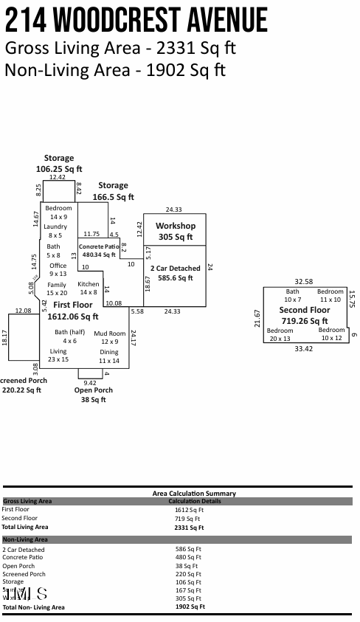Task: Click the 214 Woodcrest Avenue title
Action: click(136, 21)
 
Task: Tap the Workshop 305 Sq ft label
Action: click(175, 232)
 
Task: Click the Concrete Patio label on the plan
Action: click(99, 250)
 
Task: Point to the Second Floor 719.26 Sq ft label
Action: click(304, 316)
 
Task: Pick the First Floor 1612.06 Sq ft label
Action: click(73, 311)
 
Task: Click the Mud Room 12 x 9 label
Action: click(109, 337)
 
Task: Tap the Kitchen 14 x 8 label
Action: click(89, 288)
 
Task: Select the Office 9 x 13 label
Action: click(58, 269)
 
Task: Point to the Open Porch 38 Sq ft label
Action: click(94, 395)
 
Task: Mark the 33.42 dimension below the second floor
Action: click(303, 348)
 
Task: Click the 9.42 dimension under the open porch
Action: click(90, 383)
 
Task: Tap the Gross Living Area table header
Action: click(27, 501)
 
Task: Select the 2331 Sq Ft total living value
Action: click(189, 528)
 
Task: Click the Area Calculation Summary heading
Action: click(194, 493)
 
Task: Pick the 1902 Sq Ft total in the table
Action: click(190, 607)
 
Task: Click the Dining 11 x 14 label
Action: click(109, 356)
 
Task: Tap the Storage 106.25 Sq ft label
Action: click(59, 164)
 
